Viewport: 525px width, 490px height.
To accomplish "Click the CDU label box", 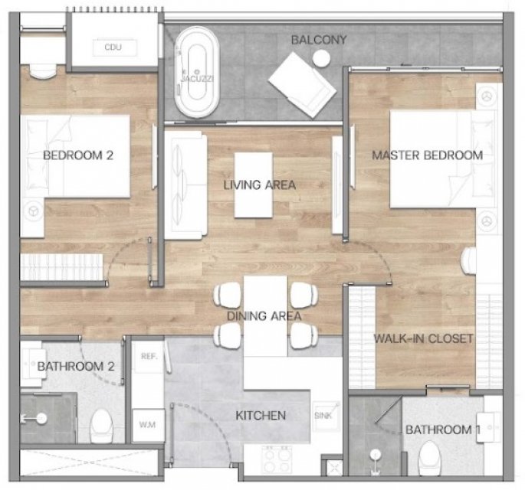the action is click(114, 47).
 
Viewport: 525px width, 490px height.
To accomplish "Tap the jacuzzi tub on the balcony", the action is click(197, 72).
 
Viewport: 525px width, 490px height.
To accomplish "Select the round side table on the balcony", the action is click(321, 59).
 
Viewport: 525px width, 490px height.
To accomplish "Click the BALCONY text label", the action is click(319, 40).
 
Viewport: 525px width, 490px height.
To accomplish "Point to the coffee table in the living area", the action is click(254, 185).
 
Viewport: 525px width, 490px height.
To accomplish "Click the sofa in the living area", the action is click(185, 185).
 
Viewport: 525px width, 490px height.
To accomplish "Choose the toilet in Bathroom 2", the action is click(101, 426).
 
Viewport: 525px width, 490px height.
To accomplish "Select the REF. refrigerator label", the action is click(149, 357).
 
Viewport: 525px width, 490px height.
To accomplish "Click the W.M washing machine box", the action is click(148, 425).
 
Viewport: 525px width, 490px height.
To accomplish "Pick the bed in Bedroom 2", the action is click(75, 156).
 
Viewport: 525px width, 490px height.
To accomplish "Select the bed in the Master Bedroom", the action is click(443, 159).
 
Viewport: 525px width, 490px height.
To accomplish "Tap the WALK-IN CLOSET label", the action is click(423, 338).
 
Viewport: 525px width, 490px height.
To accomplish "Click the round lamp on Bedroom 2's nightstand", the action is click(33, 211).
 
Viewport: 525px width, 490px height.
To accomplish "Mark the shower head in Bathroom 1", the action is click(375, 454).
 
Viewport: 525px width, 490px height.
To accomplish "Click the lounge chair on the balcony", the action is click(302, 85).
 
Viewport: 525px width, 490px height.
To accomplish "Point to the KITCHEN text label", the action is click(261, 416).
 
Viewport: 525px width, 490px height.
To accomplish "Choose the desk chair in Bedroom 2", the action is click(44, 71).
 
